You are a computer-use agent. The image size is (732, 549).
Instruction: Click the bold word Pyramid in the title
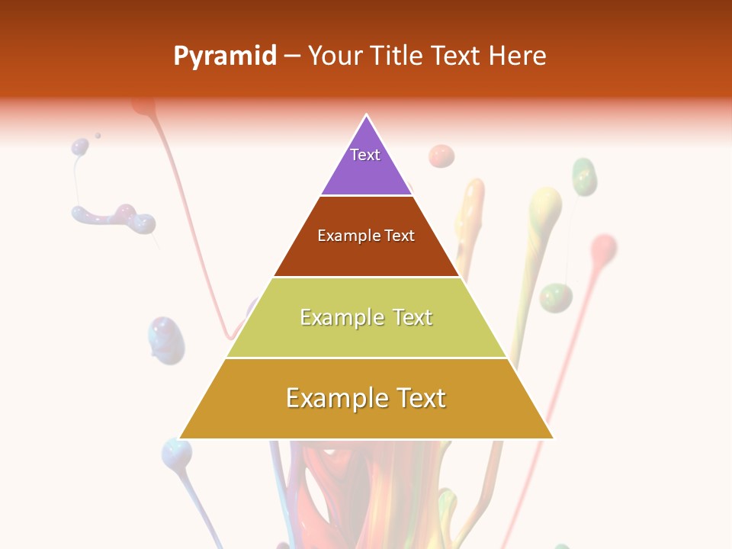click(225, 56)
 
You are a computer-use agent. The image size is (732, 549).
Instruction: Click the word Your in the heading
click(335, 56)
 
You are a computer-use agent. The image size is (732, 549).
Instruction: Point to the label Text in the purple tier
click(365, 155)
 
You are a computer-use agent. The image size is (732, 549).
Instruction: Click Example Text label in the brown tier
click(366, 236)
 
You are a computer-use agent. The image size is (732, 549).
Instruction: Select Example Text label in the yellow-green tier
click(366, 317)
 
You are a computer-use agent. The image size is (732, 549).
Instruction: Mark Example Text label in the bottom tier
click(366, 398)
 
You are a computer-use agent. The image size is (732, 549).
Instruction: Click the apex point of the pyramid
click(367, 116)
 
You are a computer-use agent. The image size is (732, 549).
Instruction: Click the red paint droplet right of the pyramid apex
click(441, 156)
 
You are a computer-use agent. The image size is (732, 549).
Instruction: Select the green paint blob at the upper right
click(584, 176)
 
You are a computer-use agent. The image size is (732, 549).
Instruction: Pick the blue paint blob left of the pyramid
click(166, 338)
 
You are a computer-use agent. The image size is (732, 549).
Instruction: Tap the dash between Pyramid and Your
click(292, 56)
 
